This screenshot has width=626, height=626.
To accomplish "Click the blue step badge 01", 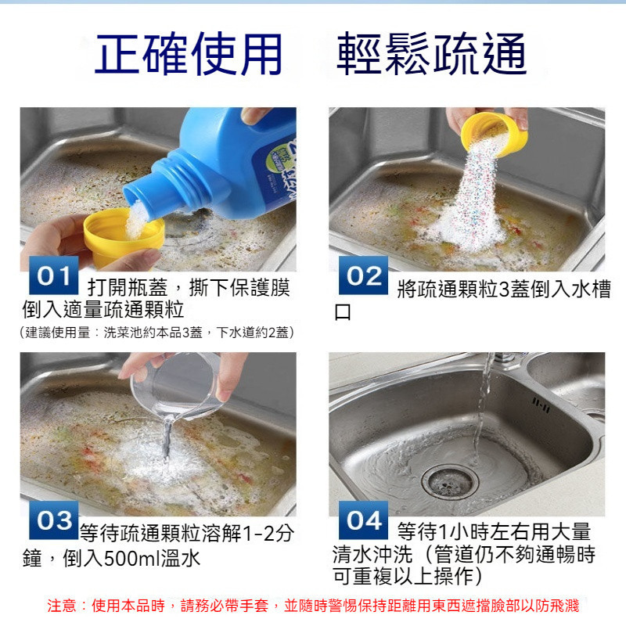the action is click(54, 275).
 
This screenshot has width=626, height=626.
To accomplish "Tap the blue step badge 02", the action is click(363, 275).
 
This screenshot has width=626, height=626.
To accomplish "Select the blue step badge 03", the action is click(54, 520).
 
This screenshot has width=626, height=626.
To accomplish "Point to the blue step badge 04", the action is click(363, 520).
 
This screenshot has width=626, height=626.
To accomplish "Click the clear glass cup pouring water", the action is click(178, 385).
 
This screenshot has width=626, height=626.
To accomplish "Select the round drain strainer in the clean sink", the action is click(450, 481).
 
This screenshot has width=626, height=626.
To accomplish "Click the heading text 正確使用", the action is click(189, 54).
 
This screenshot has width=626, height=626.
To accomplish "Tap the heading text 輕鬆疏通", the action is click(432, 54).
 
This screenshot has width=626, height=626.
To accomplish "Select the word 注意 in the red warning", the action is click(62, 606).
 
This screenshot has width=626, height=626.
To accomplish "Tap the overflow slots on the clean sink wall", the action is click(541, 405).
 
